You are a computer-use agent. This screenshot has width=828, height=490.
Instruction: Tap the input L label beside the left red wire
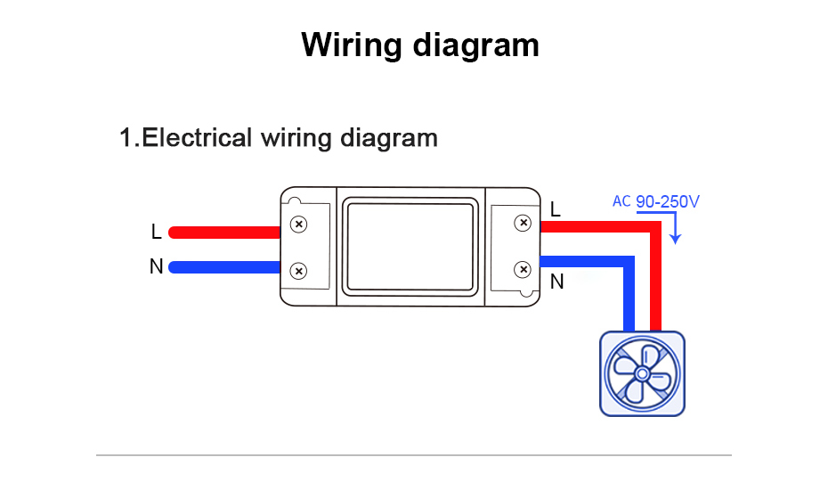coord(157,232)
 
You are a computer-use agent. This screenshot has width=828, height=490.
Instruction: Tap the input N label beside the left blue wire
coord(157,266)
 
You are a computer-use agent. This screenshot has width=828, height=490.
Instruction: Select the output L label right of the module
coord(556,210)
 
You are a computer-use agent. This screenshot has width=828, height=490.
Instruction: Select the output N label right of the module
coord(557,282)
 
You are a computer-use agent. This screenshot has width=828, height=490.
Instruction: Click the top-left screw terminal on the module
coord(299,224)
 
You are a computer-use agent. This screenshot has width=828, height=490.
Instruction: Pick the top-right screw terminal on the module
coord(524,223)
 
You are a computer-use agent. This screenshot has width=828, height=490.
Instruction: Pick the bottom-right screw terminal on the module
coord(524,268)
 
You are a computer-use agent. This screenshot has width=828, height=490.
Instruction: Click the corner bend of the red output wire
coord(656,228)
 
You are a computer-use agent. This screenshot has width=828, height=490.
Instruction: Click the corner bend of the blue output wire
coord(629,263)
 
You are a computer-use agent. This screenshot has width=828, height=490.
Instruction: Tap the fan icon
coord(642,372)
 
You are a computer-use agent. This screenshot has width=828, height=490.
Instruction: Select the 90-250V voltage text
coord(668,202)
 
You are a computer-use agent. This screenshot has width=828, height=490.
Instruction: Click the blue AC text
coord(621,201)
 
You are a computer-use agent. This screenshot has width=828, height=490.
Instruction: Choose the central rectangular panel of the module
coord(410,247)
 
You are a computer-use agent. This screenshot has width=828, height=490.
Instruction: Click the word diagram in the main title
coord(478,45)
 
